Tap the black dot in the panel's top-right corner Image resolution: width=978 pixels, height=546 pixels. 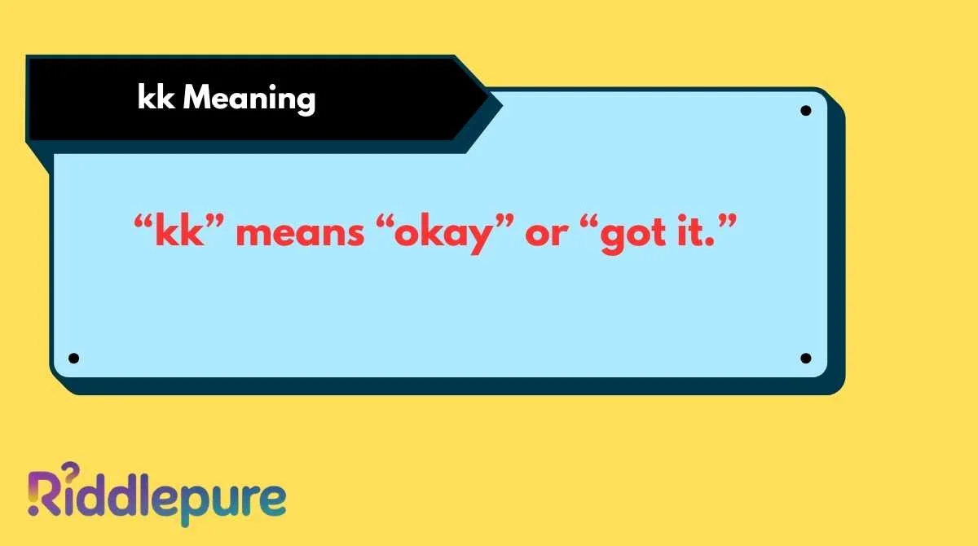tap(805, 111)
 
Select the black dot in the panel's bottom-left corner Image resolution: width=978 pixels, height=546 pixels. tap(73, 358)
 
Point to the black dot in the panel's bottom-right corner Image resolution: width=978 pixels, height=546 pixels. tap(805, 358)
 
